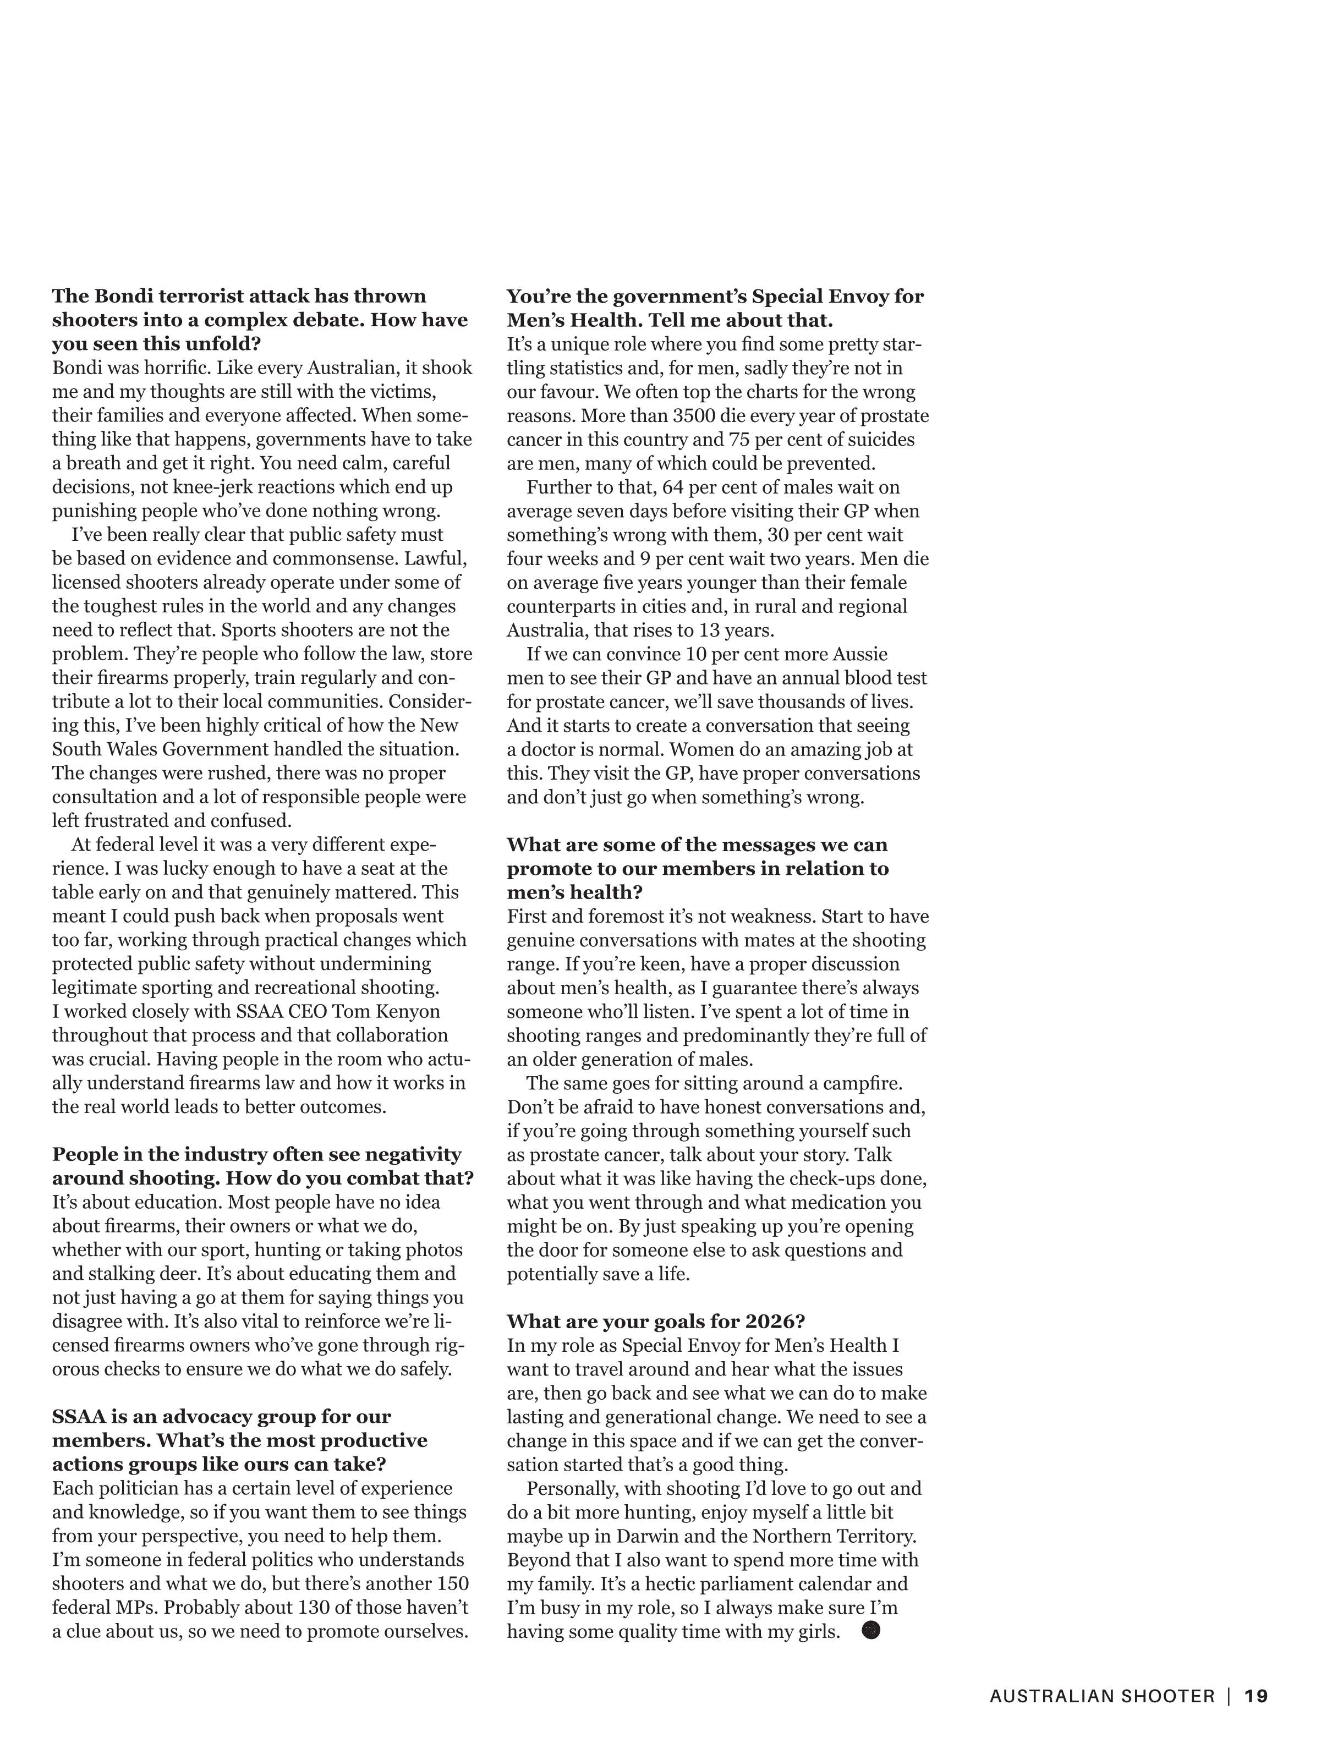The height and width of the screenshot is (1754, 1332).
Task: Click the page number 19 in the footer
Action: click(1256, 1696)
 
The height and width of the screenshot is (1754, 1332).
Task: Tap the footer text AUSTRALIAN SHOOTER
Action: click(1102, 1696)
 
